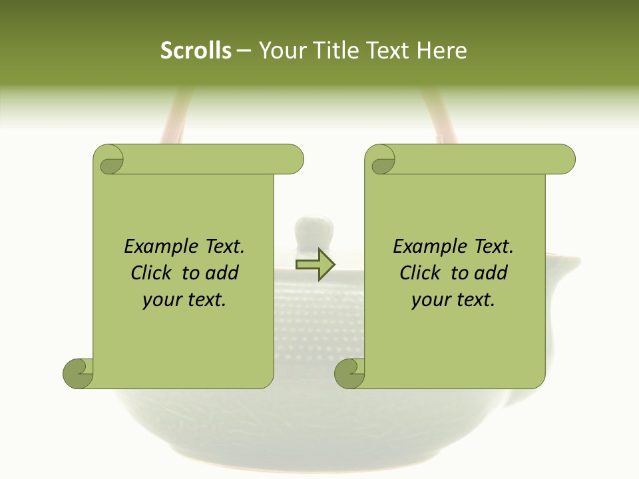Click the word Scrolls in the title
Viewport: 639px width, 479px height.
coord(196,51)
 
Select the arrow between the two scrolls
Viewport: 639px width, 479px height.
coord(315,265)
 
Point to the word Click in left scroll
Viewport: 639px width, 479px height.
coord(153,273)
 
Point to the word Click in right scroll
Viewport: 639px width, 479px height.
coord(422,273)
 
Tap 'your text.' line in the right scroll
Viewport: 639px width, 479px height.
coord(453,299)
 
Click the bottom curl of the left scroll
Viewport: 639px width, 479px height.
coord(79,373)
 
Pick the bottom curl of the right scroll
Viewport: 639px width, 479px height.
coord(350,373)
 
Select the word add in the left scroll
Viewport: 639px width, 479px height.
coord(222,273)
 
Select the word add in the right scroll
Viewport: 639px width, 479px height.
coord(491,273)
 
